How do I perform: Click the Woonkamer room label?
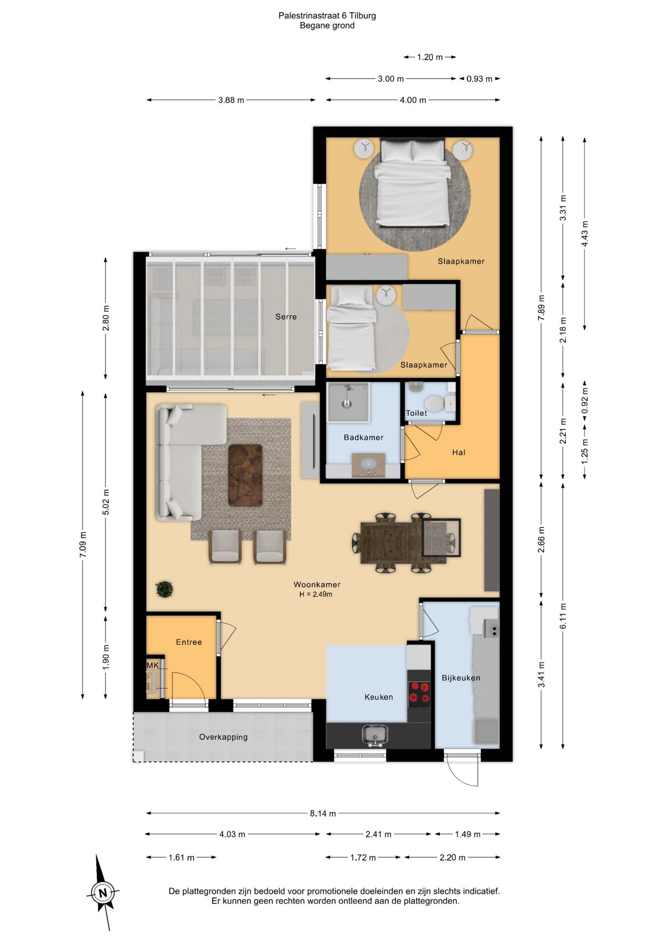(x=317, y=584)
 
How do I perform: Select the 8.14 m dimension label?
(x=323, y=813)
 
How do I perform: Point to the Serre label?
(x=286, y=317)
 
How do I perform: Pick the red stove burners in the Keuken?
(x=419, y=693)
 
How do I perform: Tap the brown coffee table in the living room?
(x=245, y=475)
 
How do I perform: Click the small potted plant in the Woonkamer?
(x=164, y=589)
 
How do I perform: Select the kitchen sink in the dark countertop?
(x=375, y=735)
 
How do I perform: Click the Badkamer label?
(x=363, y=437)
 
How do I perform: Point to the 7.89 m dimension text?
(x=541, y=308)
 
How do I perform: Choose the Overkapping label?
(x=223, y=737)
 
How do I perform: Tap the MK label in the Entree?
(x=153, y=665)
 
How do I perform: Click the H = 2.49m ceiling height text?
(x=316, y=594)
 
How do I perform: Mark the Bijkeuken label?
(x=461, y=678)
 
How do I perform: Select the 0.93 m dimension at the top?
(x=479, y=79)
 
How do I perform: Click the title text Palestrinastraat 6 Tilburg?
(x=327, y=16)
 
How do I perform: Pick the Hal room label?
(x=459, y=452)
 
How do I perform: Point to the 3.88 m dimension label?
(x=231, y=100)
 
